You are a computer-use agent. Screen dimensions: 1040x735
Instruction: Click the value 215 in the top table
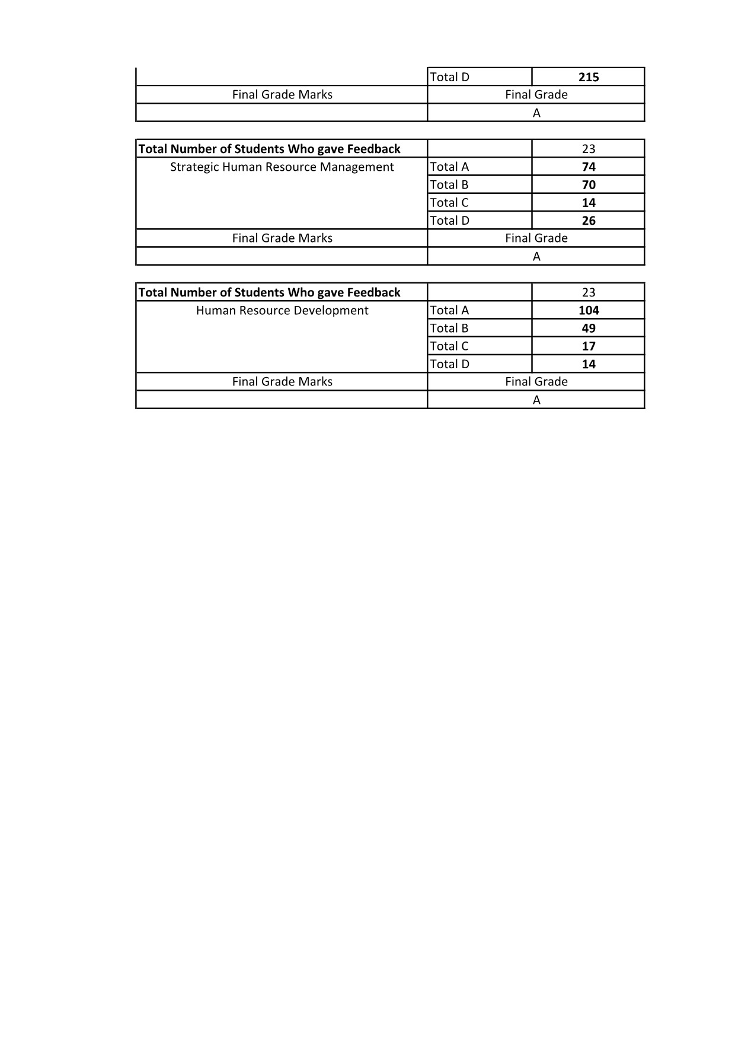point(589,77)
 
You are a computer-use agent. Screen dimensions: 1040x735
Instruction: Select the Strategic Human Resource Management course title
point(282,167)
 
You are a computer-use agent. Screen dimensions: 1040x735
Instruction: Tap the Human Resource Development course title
point(282,311)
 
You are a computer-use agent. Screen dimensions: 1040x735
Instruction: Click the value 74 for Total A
point(589,167)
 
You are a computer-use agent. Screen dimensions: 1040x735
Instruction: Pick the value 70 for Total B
point(589,185)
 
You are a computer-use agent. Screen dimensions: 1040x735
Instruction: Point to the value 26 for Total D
point(589,221)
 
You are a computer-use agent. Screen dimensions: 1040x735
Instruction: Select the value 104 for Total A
point(589,311)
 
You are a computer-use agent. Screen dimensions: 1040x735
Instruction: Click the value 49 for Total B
point(589,328)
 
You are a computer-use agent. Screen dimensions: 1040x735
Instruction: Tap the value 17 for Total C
point(589,346)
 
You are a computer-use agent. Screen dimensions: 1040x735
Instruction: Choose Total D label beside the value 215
point(449,77)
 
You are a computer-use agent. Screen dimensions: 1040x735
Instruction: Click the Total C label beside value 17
point(449,346)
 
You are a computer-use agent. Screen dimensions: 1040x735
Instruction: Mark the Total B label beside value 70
point(449,185)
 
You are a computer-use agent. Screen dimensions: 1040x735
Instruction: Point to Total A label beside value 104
point(449,311)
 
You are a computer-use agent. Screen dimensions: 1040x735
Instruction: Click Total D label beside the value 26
point(449,221)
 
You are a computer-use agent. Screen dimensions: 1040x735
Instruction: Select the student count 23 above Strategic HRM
point(589,149)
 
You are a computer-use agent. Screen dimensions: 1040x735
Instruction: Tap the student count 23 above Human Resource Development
point(589,293)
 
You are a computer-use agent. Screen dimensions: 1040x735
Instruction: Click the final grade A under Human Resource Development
point(536,400)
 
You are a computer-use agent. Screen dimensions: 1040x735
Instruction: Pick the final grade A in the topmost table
point(536,113)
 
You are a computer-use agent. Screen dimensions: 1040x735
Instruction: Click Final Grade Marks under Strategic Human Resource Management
point(282,238)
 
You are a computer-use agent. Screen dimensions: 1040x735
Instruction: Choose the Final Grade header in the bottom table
point(536,382)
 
